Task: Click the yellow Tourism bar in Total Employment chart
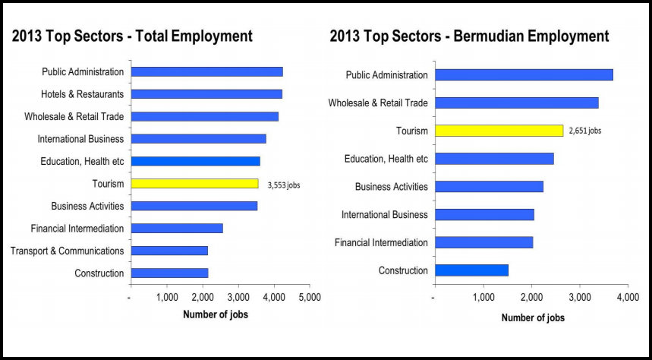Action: (x=194, y=183)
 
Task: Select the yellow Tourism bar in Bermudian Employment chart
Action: (x=498, y=131)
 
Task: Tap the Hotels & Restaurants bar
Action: (x=206, y=94)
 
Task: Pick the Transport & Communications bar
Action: (x=169, y=251)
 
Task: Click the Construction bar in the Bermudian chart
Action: (x=471, y=270)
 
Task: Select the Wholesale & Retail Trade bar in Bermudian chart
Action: (x=516, y=103)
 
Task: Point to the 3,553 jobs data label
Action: (x=284, y=185)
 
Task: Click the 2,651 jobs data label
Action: (x=585, y=131)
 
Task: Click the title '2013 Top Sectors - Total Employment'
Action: (x=132, y=36)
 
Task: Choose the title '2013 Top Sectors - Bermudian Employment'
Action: (x=469, y=36)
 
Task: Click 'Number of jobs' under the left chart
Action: (x=216, y=314)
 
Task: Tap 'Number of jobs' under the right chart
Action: (x=533, y=318)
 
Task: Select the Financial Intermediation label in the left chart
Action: (x=77, y=229)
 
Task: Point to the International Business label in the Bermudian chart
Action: (x=385, y=215)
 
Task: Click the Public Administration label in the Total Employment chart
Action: (x=83, y=72)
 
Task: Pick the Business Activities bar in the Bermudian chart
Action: (x=488, y=187)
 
